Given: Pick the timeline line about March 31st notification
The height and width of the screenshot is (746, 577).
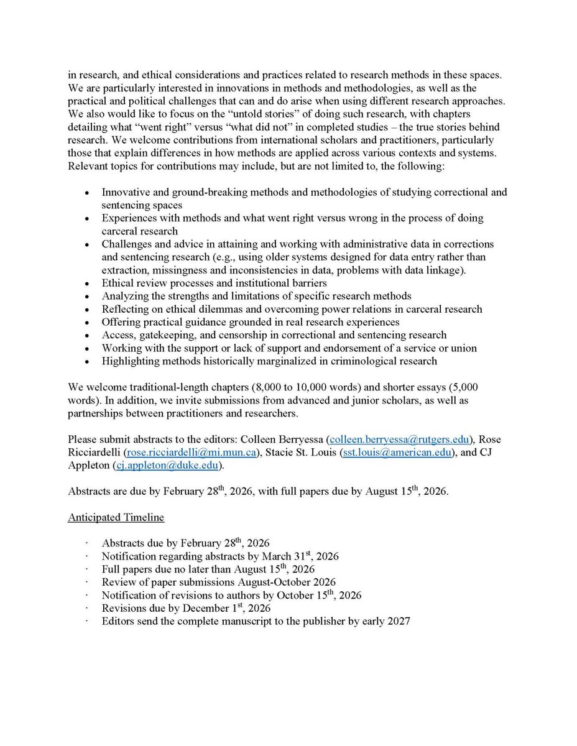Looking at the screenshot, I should pos(220,556).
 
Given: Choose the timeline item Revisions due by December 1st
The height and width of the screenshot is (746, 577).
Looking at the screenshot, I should pos(186,608).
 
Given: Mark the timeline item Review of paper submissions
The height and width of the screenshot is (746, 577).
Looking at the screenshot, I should pos(219,582).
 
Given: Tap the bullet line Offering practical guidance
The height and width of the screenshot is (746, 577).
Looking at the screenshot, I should pos(251,322).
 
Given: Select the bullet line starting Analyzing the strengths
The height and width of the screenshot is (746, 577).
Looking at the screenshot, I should pos(256,297).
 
